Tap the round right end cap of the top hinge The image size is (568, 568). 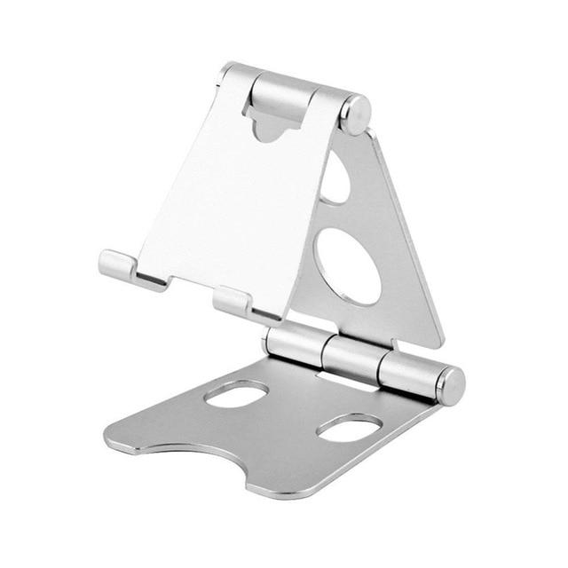tap(357, 114)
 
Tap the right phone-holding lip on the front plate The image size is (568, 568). tap(233, 301)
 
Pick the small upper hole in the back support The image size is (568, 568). tap(335, 180)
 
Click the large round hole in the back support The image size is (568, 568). tap(349, 265)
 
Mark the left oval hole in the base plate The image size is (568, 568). tap(236, 394)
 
